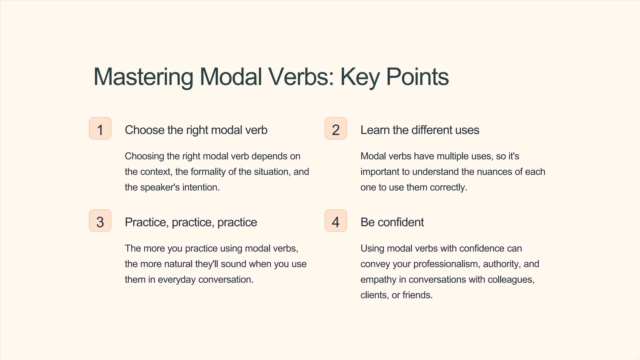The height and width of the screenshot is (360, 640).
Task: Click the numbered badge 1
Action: coord(100,128)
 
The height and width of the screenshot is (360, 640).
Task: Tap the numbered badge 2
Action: coord(336,128)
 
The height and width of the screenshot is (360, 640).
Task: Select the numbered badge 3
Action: coord(100,221)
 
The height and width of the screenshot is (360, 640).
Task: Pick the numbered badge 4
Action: coord(336,221)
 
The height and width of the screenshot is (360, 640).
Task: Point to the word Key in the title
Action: coord(359,77)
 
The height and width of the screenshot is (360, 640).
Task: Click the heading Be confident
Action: coord(392,222)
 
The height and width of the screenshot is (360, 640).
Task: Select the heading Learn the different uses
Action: coord(419,130)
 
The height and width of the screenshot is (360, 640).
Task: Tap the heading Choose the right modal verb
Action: coord(196,130)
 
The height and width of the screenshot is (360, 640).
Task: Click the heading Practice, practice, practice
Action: coord(191,222)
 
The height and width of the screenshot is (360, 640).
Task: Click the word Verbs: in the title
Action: coord(302,77)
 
